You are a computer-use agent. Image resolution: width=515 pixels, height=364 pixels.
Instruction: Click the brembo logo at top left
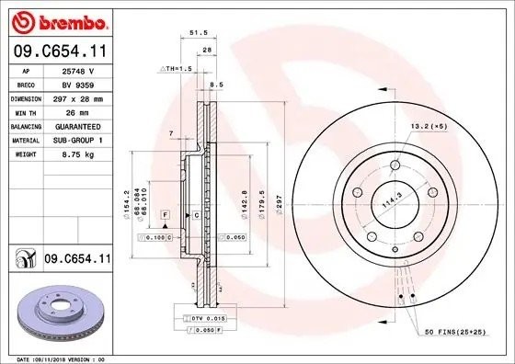pyautogui.click(x=57, y=20)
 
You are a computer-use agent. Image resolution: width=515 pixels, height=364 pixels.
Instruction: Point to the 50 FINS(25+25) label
pyautogui.click(x=452, y=328)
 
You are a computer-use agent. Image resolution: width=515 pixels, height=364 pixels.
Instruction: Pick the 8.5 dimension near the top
pyautogui.click(x=216, y=85)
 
